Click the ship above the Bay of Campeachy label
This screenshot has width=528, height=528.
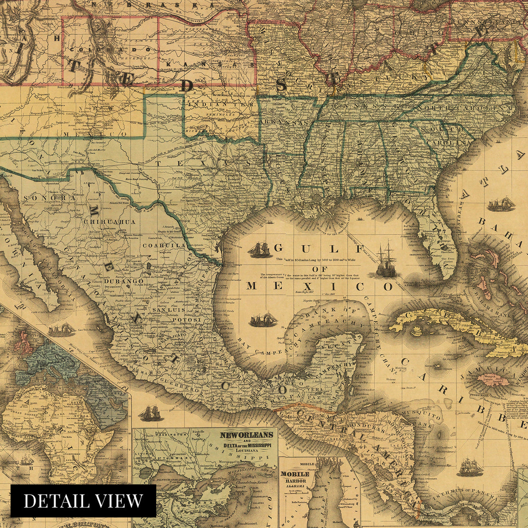coord(263,319)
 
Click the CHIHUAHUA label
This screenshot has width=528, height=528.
coord(110,222)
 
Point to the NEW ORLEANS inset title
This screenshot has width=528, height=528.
coord(246,435)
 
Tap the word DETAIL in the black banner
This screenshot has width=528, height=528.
coord(52,501)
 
